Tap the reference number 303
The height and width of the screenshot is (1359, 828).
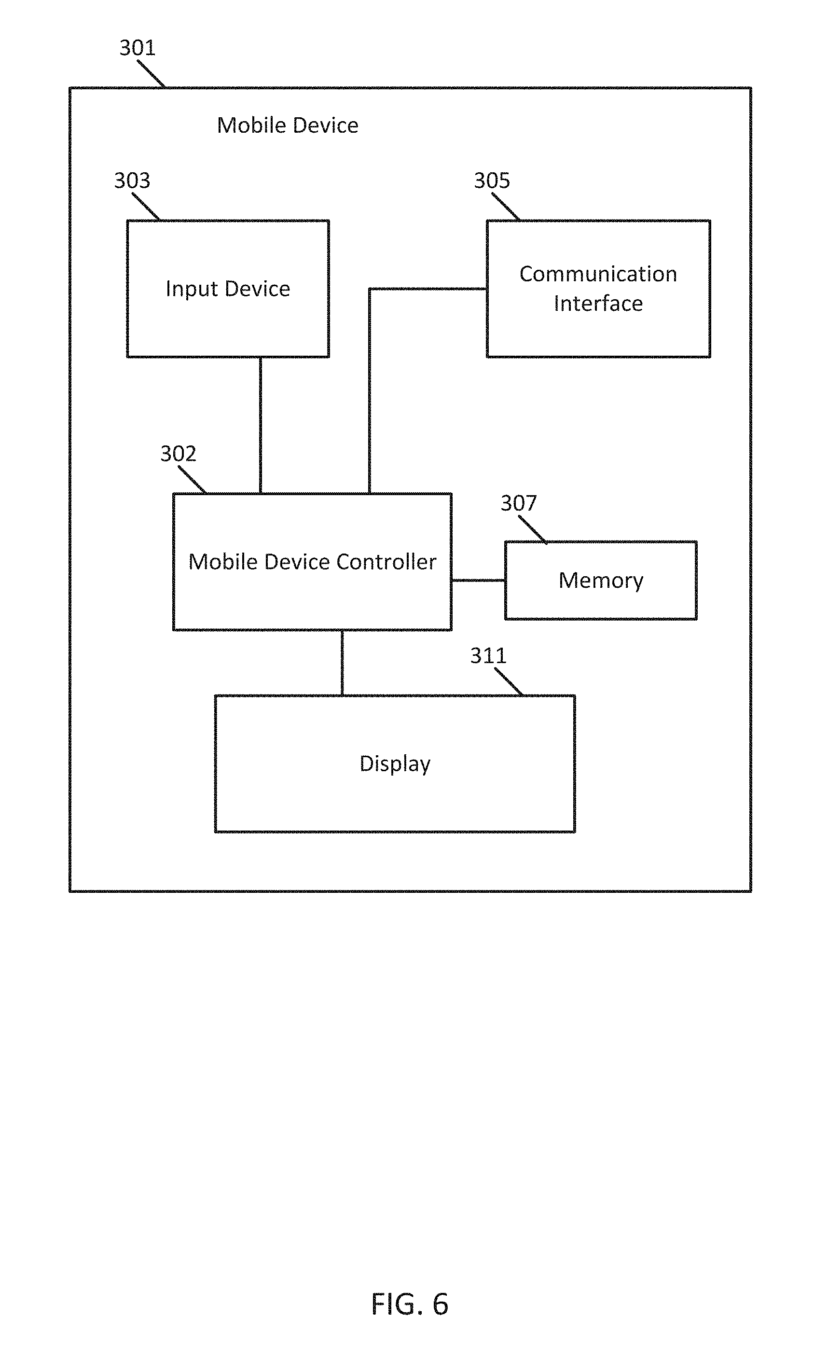pyautogui.click(x=132, y=180)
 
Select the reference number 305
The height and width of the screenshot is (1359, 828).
pyautogui.click(x=492, y=180)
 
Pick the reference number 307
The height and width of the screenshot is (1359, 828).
pyautogui.click(x=518, y=502)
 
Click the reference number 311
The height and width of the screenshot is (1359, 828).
pyautogui.click(x=488, y=655)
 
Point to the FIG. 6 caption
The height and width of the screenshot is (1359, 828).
pyautogui.click(x=410, y=1304)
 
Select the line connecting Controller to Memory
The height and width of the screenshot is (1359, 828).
pyautogui.click(x=478, y=580)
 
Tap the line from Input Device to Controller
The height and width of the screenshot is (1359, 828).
pyautogui.click(x=260, y=425)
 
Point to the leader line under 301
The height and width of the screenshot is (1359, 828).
pyautogui.click(x=151, y=74)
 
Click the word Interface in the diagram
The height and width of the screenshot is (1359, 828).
pyautogui.click(x=598, y=304)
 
